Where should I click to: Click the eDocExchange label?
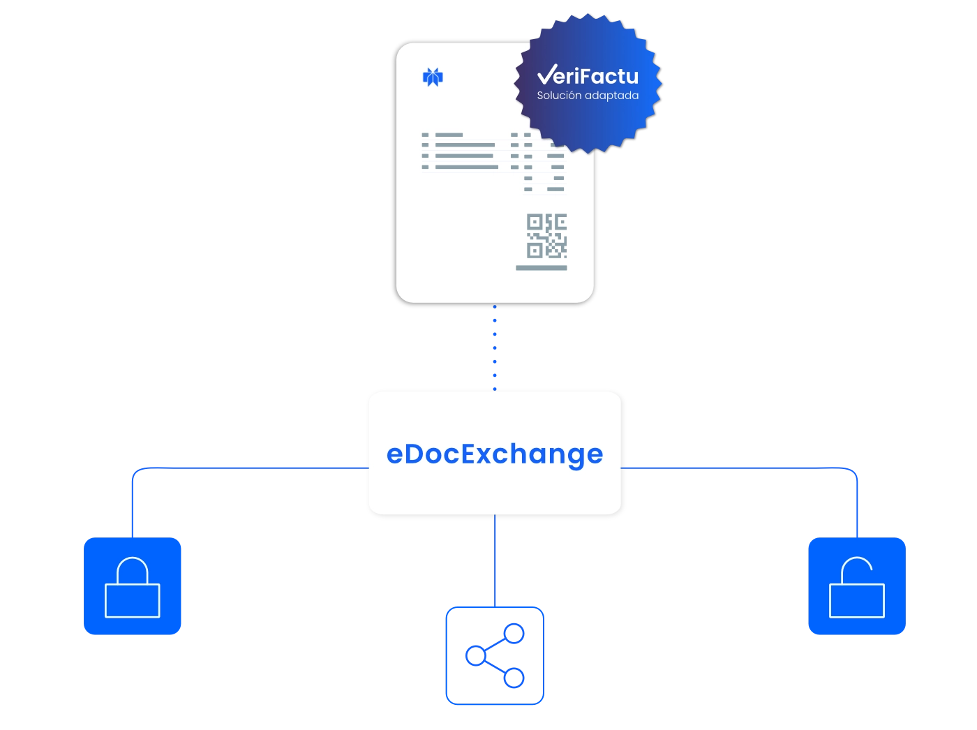click(495, 454)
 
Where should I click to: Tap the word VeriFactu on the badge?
click(588, 75)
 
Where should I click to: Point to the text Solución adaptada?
click(588, 95)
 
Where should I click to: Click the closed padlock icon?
click(132, 586)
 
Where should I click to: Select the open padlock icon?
click(857, 586)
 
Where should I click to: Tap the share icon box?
click(495, 655)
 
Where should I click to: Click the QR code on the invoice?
click(546, 236)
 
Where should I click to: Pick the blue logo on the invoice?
click(433, 77)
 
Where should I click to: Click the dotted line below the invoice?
click(495, 348)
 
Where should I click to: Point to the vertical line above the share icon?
click(495, 561)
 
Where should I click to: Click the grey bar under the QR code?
click(542, 268)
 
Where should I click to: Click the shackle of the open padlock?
click(856, 558)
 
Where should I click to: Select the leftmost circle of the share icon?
click(475, 655)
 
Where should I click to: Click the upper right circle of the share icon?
click(514, 634)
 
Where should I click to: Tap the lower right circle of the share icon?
click(514, 678)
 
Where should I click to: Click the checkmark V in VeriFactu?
click(547, 74)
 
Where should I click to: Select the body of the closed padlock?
click(132, 601)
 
